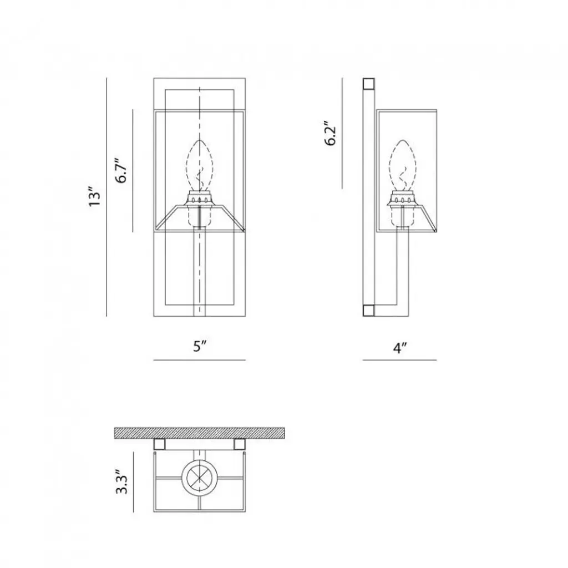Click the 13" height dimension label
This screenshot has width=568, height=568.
(x=94, y=197)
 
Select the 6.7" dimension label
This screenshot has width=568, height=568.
(x=121, y=170)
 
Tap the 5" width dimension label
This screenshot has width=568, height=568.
(x=200, y=346)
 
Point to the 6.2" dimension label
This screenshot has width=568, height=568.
(x=331, y=133)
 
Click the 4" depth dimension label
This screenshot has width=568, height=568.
(x=400, y=348)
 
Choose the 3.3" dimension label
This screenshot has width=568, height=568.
(x=121, y=481)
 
